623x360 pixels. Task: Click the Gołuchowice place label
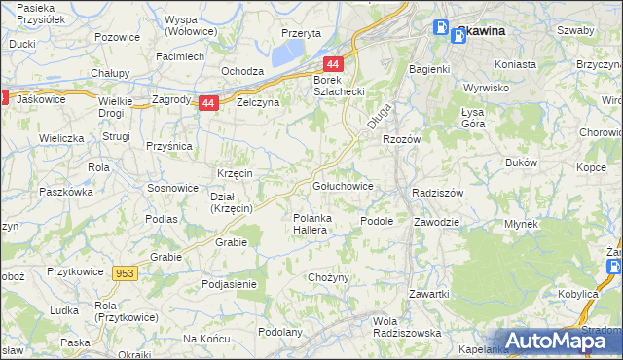click(x=342, y=185)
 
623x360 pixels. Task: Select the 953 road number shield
click(x=125, y=274)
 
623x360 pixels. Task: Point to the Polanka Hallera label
click(x=315, y=225)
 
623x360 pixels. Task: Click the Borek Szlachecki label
click(x=338, y=85)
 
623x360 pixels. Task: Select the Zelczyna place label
click(x=257, y=102)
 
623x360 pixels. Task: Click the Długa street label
click(x=381, y=117)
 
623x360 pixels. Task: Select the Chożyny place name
click(x=328, y=278)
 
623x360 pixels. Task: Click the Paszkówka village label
click(x=65, y=193)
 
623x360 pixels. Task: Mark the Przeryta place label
click(x=301, y=33)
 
